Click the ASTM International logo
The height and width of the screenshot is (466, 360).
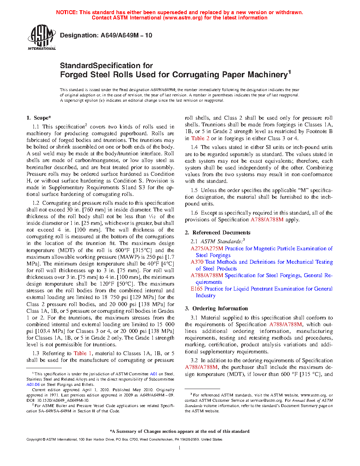click(x=42, y=37)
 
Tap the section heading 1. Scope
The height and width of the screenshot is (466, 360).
click(x=38, y=118)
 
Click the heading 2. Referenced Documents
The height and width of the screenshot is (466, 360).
click(x=217, y=233)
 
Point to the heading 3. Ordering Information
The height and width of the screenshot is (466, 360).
click(x=216, y=309)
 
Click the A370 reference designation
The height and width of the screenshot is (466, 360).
click(x=197, y=262)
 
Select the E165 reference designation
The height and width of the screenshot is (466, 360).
click(x=197, y=289)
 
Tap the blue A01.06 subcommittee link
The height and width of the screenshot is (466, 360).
click(x=33, y=384)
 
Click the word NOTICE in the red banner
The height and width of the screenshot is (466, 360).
click(x=67, y=12)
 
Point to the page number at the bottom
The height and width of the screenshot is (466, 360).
click(x=180, y=448)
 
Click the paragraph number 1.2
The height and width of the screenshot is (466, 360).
click(x=36, y=203)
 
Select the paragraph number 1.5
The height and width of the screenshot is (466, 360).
click(x=194, y=190)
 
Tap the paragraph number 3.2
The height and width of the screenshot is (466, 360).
click(x=194, y=360)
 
